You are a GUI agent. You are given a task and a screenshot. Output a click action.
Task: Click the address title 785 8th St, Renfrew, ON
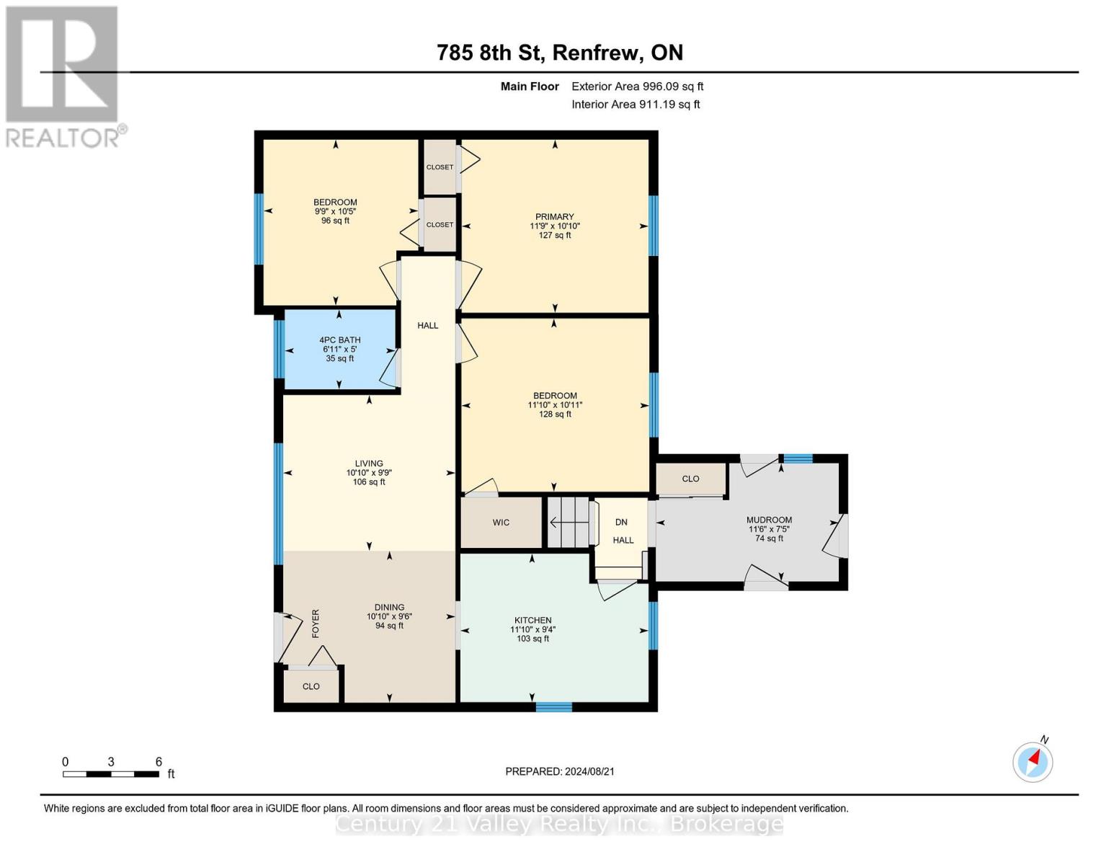tap(559, 53)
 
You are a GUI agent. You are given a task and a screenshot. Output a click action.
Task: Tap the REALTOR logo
tap(63, 76)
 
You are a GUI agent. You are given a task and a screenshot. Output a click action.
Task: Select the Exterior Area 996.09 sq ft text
tap(637, 86)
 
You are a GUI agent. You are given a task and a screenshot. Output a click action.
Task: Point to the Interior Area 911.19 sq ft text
tap(636, 105)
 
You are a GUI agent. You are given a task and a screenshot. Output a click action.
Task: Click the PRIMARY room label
tap(554, 217)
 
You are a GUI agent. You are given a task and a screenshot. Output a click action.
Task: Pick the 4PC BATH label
tap(340, 340)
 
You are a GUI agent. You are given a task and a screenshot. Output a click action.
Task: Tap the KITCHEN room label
tap(532, 621)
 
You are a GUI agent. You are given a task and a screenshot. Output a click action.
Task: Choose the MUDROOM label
tap(769, 520)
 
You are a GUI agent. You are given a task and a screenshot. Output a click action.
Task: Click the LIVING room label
tap(369, 463)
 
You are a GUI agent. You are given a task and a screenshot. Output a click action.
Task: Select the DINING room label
tap(389, 608)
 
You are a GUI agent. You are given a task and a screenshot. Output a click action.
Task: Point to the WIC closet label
tap(501, 523)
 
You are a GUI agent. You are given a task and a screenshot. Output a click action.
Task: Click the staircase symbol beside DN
tap(568, 522)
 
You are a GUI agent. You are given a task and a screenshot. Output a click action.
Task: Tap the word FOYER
tap(315, 624)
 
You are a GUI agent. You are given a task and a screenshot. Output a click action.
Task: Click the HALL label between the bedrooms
tap(428, 326)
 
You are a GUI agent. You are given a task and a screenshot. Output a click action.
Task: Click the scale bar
tap(111, 774)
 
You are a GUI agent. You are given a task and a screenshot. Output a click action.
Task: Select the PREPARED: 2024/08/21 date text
tap(560, 771)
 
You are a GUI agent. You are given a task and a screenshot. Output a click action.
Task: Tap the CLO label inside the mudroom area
tap(690, 479)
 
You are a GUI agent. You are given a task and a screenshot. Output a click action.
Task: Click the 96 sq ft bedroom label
tap(335, 221)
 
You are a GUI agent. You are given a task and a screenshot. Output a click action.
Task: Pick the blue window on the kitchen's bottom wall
tap(553, 707)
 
